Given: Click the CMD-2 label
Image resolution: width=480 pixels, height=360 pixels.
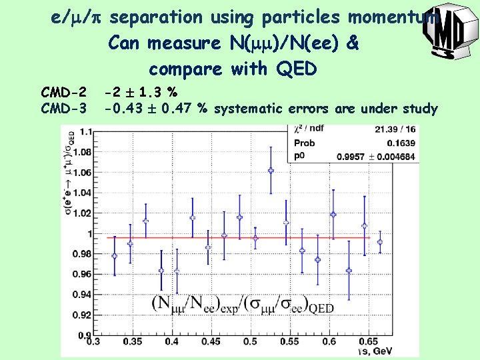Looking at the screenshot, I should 63,91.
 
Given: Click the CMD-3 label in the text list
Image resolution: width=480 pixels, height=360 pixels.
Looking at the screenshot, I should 63,108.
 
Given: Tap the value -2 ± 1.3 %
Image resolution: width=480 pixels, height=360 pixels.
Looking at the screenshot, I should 141,91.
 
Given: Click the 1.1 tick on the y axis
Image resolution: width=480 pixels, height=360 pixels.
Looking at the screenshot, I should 85,132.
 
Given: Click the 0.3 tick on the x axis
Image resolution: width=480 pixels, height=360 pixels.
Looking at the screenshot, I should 93,341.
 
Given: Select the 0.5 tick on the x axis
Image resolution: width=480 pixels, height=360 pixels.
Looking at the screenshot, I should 250,341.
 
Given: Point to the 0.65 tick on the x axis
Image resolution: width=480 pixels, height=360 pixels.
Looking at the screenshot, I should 367,341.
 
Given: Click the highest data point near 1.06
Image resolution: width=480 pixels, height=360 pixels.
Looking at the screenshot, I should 271,171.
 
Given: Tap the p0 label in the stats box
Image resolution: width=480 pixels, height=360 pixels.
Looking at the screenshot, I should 299,156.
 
